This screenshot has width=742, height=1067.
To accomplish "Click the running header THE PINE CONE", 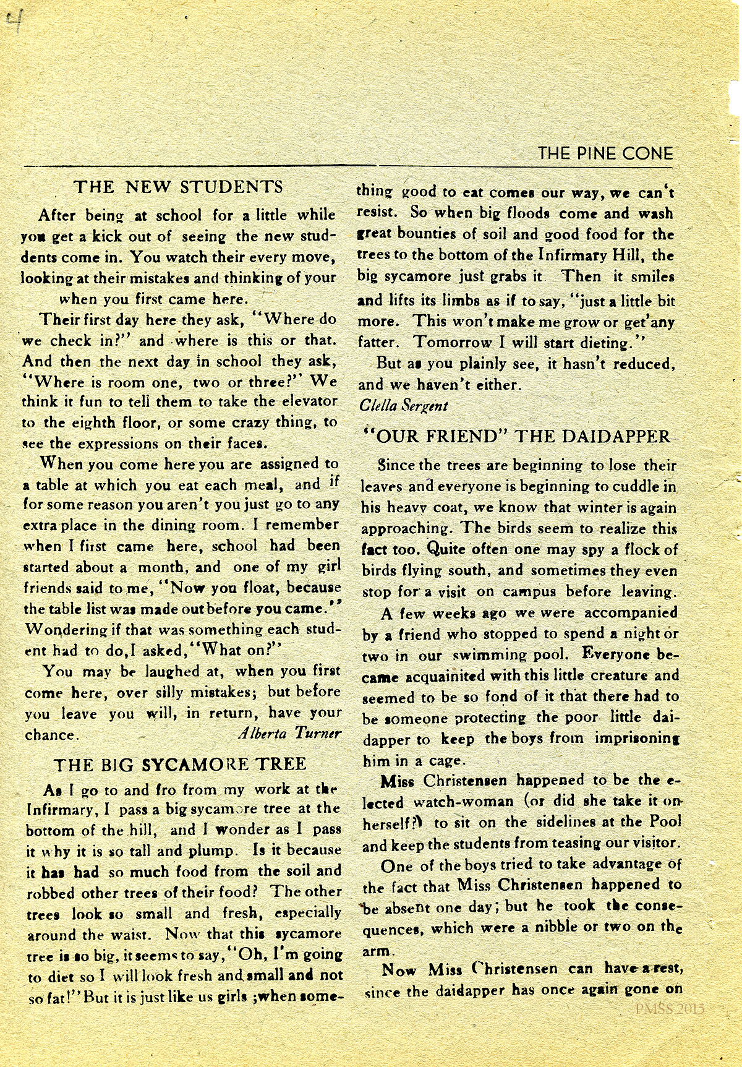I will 605,153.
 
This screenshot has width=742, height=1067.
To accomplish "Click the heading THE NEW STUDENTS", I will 178,187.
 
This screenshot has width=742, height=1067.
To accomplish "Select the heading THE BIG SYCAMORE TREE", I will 180,765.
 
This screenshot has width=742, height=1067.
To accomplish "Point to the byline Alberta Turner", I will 289,734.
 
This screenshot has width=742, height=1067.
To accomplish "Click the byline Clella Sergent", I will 403,406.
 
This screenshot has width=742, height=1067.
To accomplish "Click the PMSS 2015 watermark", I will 670,1009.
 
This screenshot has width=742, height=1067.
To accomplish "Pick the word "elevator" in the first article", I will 307,401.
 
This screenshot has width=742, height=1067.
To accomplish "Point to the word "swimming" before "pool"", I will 492,655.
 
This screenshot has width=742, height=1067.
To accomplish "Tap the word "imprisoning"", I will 637,739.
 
